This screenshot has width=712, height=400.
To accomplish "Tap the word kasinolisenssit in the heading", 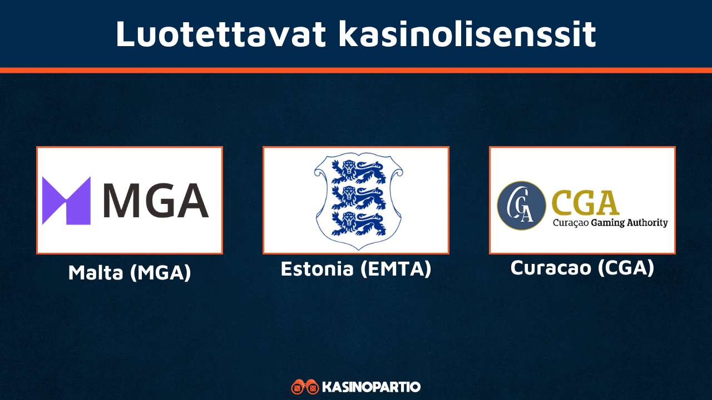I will point(467,34).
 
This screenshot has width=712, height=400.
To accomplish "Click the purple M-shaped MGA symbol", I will point(66,201).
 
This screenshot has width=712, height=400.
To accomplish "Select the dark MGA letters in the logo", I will point(156,201).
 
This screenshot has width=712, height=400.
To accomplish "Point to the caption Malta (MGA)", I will point(130,272).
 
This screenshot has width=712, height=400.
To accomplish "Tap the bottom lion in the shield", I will point(356,223).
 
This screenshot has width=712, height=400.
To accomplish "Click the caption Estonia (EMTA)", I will point(356,269).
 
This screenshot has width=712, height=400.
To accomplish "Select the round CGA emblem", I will point(521,205).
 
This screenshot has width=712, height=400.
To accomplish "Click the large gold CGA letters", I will point(586,202).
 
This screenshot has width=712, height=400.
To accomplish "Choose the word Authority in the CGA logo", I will point(647,223).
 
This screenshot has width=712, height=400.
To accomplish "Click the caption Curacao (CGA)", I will point(582,268).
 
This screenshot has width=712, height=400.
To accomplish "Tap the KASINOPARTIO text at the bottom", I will point(371,387).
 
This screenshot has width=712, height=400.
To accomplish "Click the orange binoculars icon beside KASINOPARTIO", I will point(305,387).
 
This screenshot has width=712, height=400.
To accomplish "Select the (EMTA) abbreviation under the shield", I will point(395,269).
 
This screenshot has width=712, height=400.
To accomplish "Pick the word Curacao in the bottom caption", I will point(551,268).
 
